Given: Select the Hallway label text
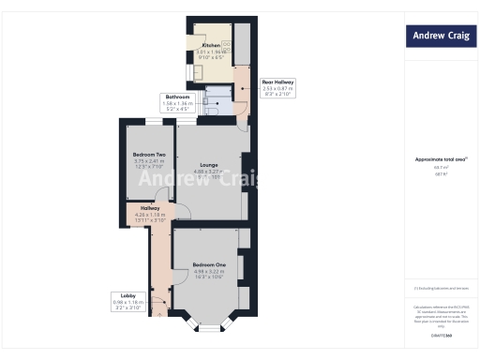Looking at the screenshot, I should tap(149, 208).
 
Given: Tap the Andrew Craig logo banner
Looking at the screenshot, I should tap(441, 37).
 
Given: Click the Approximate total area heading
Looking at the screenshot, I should tap(440, 159).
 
